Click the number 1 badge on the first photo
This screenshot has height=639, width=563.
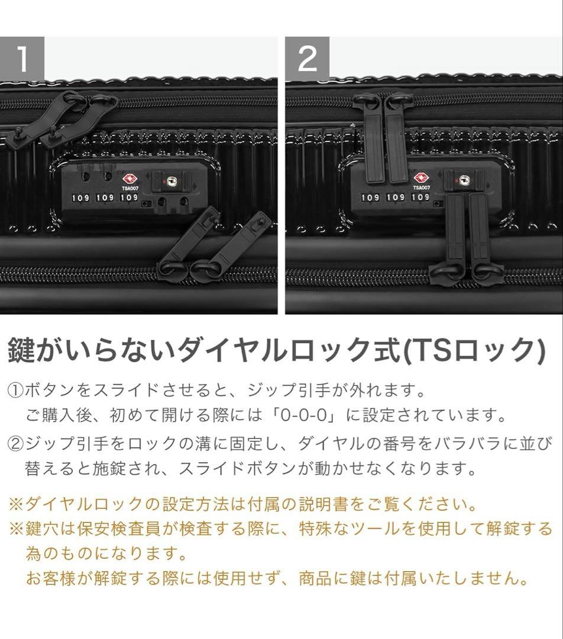[22, 59]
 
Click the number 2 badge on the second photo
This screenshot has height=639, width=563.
[307, 59]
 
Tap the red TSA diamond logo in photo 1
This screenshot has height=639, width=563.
[129, 178]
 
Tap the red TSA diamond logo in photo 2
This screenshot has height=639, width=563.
[420, 177]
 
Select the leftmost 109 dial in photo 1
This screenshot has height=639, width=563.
[81, 198]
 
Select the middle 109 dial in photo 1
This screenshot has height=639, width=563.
[105, 198]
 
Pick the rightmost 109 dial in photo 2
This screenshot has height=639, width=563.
[420, 197]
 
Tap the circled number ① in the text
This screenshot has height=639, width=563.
[15, 391]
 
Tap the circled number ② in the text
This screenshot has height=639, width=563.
[15, 443]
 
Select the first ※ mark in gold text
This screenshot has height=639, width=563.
[15, 505]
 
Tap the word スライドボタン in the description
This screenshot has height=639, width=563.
[235, 469]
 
